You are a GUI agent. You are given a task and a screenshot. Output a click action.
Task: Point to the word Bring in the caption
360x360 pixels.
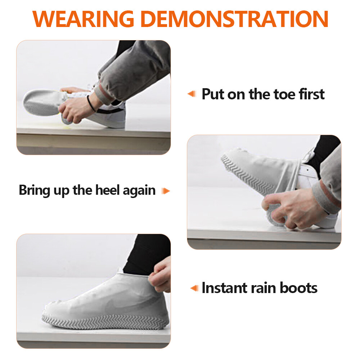[x=35, y=190]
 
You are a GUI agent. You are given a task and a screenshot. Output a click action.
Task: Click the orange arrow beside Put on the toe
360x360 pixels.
[x=192, y=94]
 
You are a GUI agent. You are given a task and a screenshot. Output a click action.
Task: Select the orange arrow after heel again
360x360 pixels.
[x=165, y=190]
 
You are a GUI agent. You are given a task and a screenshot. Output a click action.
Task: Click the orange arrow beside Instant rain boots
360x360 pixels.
[x=194, y=288]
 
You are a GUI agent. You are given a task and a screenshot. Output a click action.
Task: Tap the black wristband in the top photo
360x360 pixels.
[x=91, y=103]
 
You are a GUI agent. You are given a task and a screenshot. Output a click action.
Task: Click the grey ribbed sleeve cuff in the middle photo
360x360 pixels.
[x=326, y=196]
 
